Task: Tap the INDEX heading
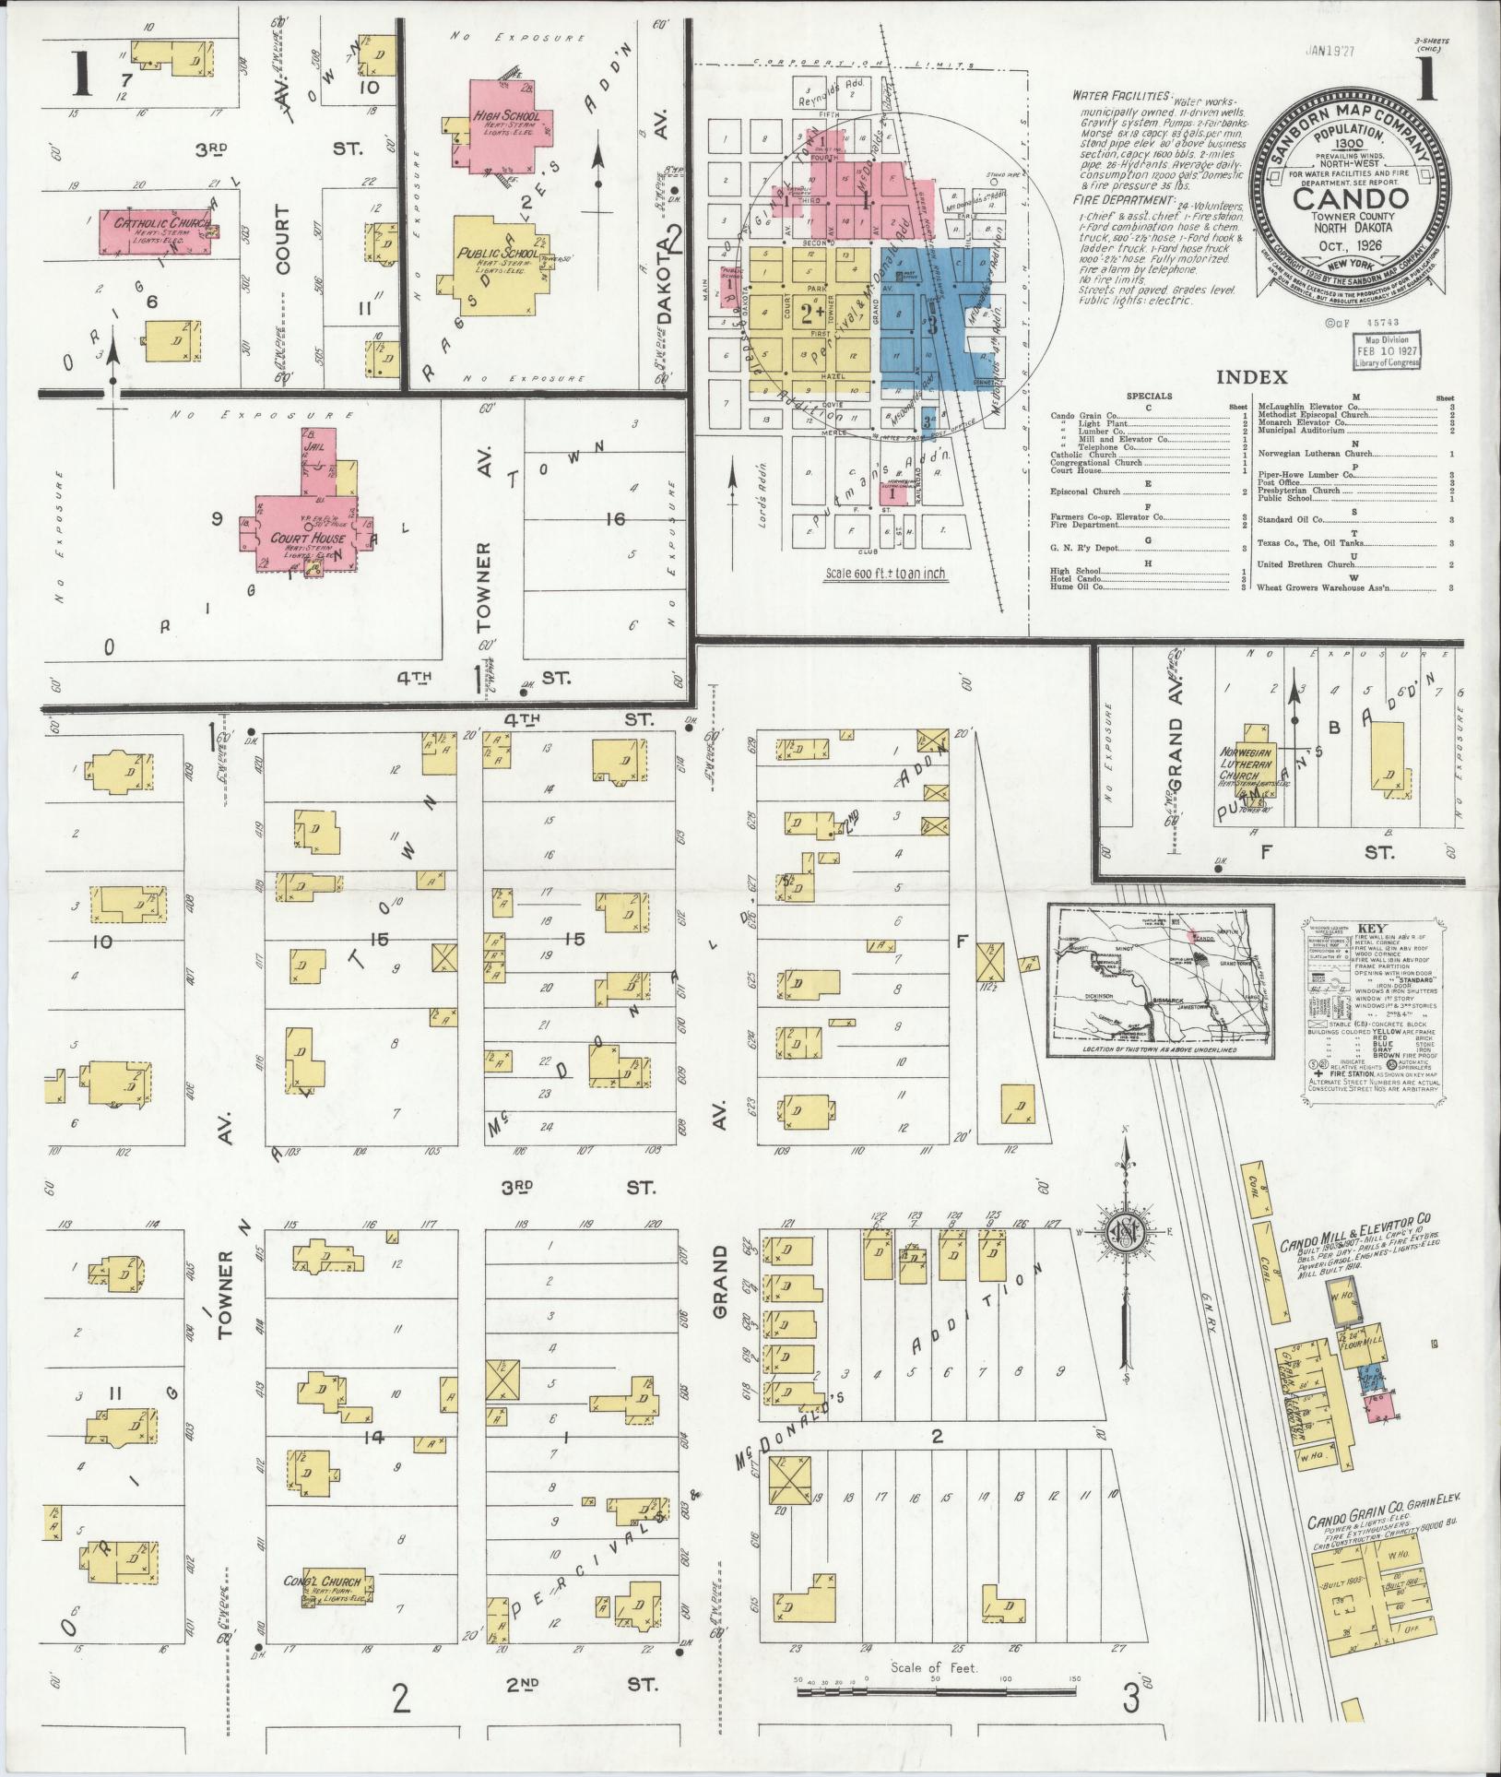(1251, 376)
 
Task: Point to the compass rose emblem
(1128, 1231)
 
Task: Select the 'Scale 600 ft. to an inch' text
(885, 574)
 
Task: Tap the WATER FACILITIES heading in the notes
(1119, 96)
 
